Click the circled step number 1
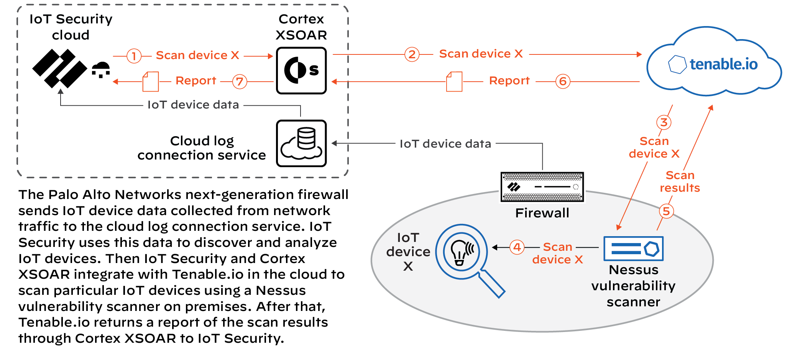click(134, 56)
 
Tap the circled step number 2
click(412, 54)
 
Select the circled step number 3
click(664, 122)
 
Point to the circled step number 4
click(517, 247)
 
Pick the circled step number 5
click(666, 211)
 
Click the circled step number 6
click(563, 81)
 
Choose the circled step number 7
click(240, 81)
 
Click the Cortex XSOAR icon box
click(301, 71)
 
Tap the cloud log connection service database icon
click(301, 143)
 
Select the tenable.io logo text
click(723, 64)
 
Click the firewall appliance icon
click(542, 187)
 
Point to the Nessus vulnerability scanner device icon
click(633, 248)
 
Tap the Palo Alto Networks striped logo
click(59, 68)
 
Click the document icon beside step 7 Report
click(151, 81)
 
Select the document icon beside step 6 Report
click(454, 81)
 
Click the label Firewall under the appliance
click(542, 213)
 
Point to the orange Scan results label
click(680, 181)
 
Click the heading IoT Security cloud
click(71, 27)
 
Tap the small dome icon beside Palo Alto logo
click(101, 69)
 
